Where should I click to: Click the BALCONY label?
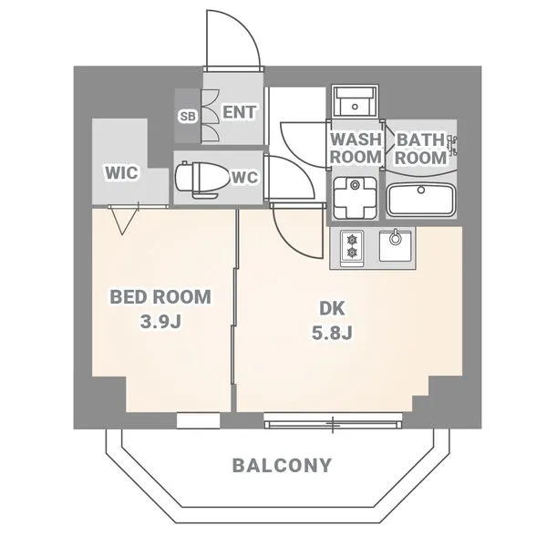click(x=282, y=465)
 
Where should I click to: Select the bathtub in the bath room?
click(x=421, y=200)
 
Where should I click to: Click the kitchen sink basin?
click(x=395, y=245)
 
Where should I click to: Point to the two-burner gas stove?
click(x=352, y=247)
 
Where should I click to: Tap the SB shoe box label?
click(x=189, y=116)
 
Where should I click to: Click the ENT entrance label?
click(x=239, y=112)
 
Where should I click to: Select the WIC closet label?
click(x=122, y=172)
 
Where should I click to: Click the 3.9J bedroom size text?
click(x=160, y=322)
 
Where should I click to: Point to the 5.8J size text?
click(x=332, y=333)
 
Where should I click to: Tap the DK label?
click(x=332, y=308)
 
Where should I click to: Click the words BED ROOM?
click(x=160, y=297)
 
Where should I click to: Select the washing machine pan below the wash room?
click(x=355, y=198)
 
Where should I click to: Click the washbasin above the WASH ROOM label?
click(x=355, y=101)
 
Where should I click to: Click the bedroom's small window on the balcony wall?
click(x=198, y=420)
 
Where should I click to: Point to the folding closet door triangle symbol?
click(x=122, y=221)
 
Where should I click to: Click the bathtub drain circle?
click(x=421, y=191)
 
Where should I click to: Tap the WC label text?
click(x=244, y=178)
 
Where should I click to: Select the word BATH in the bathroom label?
click(x=420, y=140)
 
